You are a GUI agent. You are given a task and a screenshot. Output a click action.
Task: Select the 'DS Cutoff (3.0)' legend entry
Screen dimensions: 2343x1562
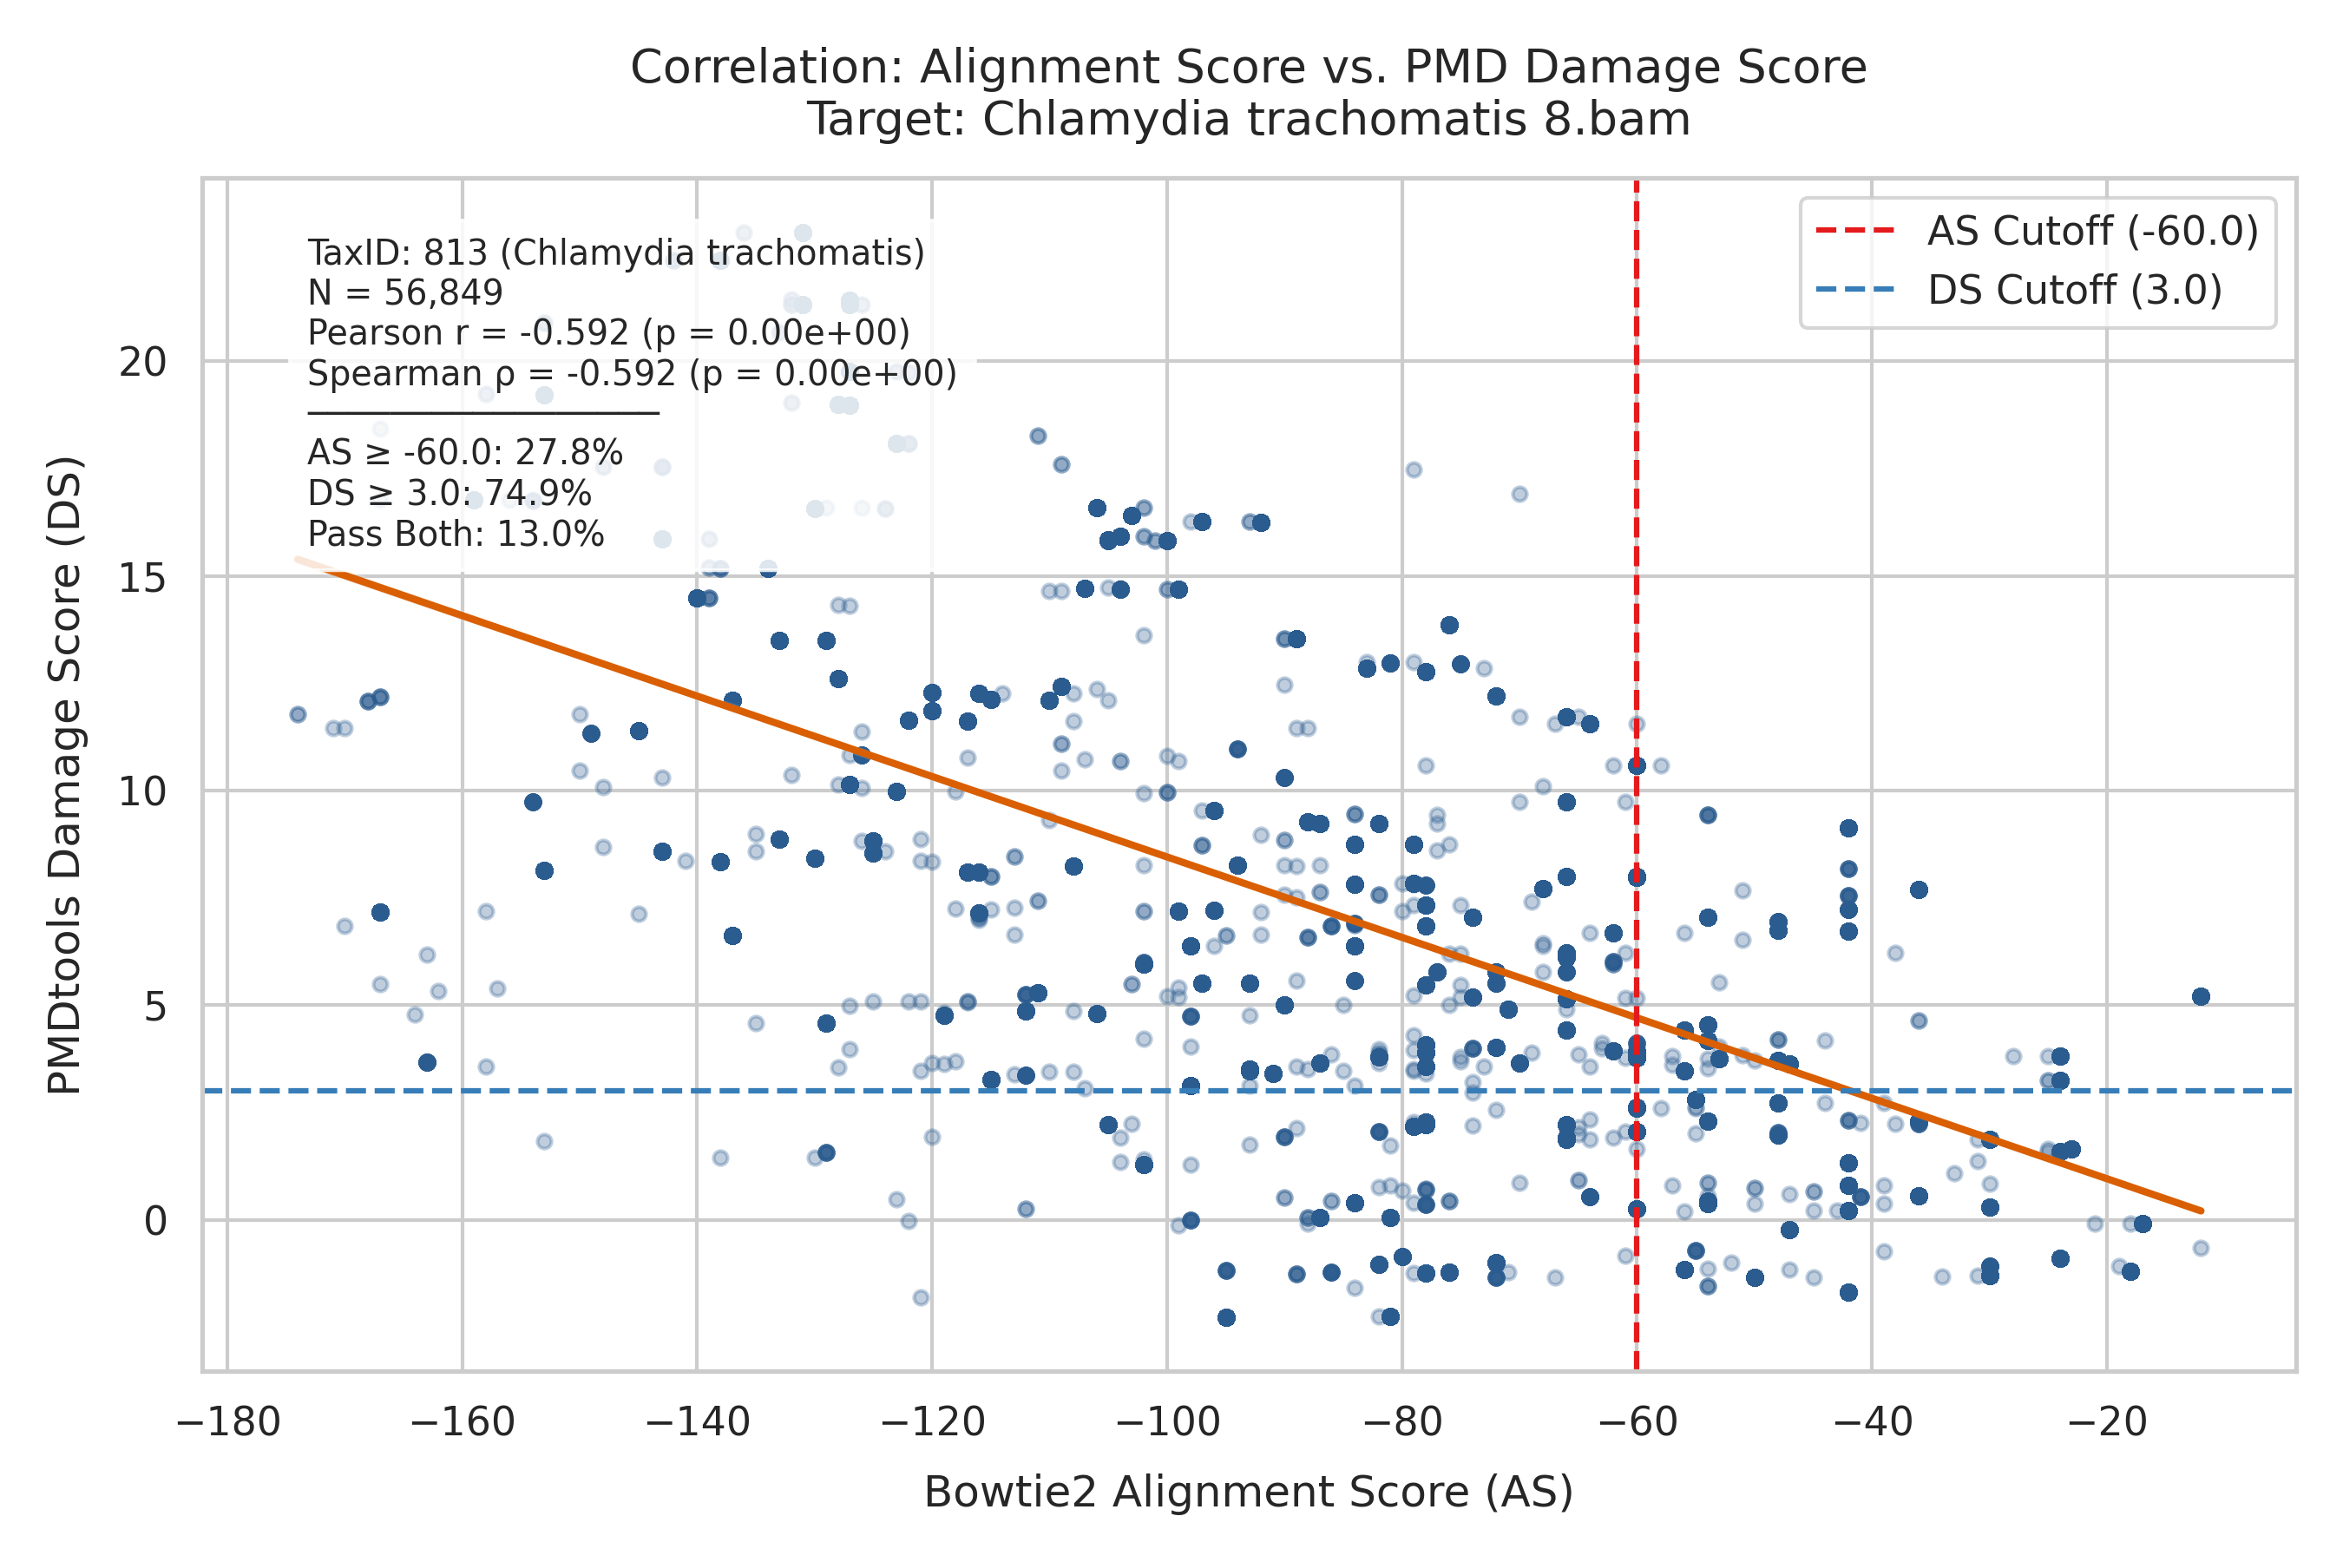(x=2018, y=290)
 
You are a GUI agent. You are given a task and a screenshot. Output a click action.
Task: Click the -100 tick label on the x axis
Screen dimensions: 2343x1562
(x=1167, y=1421)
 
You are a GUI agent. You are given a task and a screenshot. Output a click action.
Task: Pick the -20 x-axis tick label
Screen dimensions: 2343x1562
(x=2107, y=1421)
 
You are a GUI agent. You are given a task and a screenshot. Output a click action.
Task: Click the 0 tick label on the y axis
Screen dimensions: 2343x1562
(x=155, y=1220)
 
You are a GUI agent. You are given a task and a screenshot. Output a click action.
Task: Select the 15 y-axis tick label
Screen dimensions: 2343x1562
(x=142, y=577)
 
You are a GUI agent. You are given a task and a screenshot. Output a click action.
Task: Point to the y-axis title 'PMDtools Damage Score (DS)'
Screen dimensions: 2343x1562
(x=66, y=775)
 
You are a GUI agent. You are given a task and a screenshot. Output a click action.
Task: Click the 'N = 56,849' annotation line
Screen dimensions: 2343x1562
(x=405, y=293)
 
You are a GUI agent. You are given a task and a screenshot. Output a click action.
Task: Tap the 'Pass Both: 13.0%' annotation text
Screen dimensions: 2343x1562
(x=456, y=535)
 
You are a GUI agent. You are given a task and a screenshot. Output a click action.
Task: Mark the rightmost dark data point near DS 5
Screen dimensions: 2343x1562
(x=2202, y=997)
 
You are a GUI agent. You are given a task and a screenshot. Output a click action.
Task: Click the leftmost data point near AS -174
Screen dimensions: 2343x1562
(x=298, y=714)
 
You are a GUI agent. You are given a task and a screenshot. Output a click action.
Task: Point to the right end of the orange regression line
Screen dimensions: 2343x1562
(x=2202, y=1211)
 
